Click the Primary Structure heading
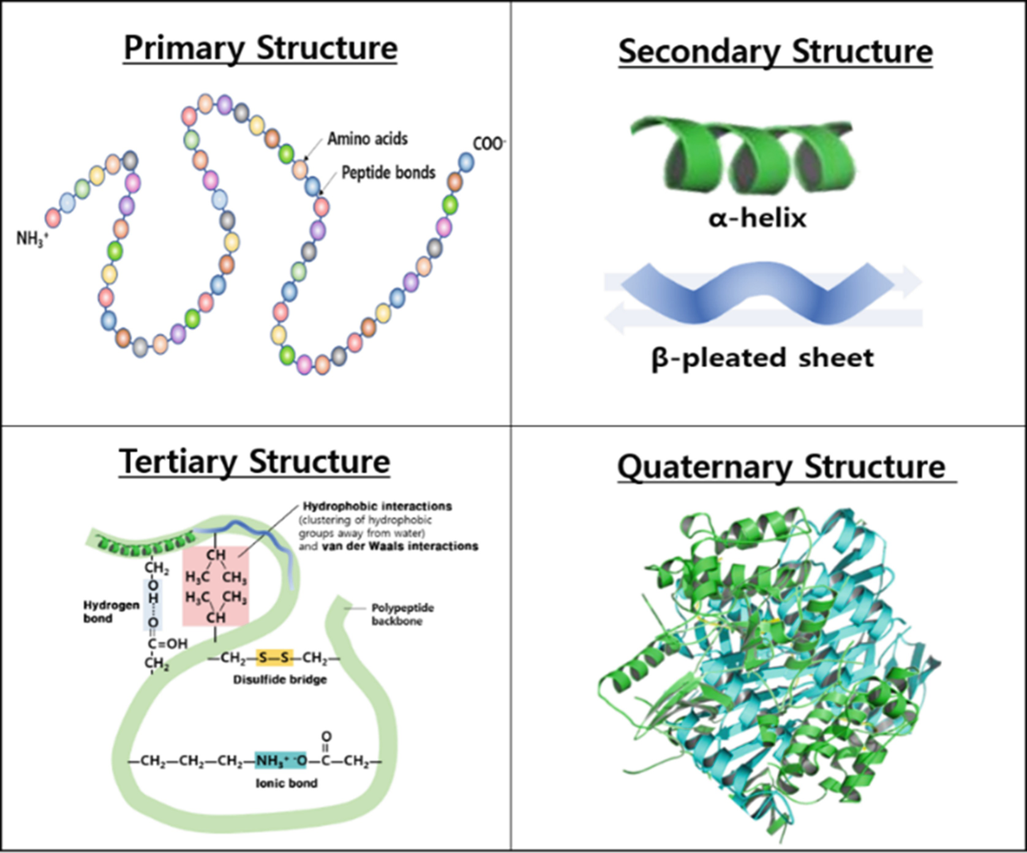tap(260, 48)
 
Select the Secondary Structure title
tap(775, 51)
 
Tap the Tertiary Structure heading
tap(255, 462)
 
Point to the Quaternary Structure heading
tap(781, 467)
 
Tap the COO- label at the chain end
tap(489, 144)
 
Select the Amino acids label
tap(367, 139)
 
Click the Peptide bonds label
tap(388, 173)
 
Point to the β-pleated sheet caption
tap(762, 358)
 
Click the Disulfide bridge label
tap(280, 680)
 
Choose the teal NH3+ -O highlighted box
tap(280, 761)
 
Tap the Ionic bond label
tap(287, 783)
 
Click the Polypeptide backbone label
tap(402, 614)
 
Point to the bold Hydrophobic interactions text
tap(377, 506)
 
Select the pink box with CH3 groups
tap(216, 586)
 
